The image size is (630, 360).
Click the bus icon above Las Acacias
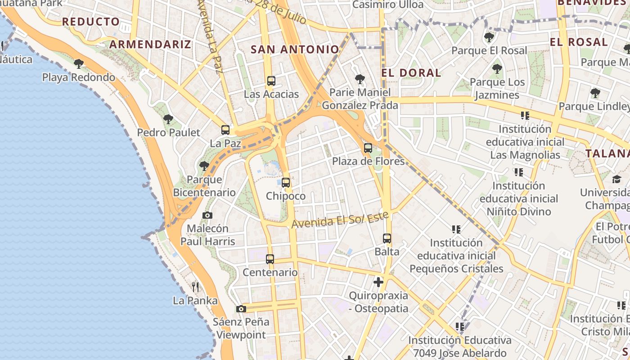point(271,81)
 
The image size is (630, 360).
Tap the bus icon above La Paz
point(225,130)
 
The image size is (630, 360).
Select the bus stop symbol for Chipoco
point(286,183)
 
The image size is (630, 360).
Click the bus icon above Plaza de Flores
point(368,148)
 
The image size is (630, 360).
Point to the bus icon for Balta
point(387,238)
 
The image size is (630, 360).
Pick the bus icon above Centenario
point(270,259)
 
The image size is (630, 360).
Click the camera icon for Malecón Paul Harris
point(207,215)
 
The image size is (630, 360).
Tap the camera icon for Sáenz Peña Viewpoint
point(241,309)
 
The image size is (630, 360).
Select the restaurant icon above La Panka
point(195,287)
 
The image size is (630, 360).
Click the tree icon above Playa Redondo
point(79,63)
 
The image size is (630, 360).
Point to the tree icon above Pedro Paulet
point(168,119)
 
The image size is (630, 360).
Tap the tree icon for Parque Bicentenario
point(204,166)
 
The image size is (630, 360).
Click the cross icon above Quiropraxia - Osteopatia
point(378,282)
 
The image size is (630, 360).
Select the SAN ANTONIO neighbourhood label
point(295,49)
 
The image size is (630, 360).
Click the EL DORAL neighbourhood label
point(411,73)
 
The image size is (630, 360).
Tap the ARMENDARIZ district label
point(150,44)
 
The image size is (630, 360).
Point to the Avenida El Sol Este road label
point(340,220)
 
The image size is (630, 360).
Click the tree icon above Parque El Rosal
point(489,37)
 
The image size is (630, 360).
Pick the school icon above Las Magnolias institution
point(525,116)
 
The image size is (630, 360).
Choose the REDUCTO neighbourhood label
point(91,22)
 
